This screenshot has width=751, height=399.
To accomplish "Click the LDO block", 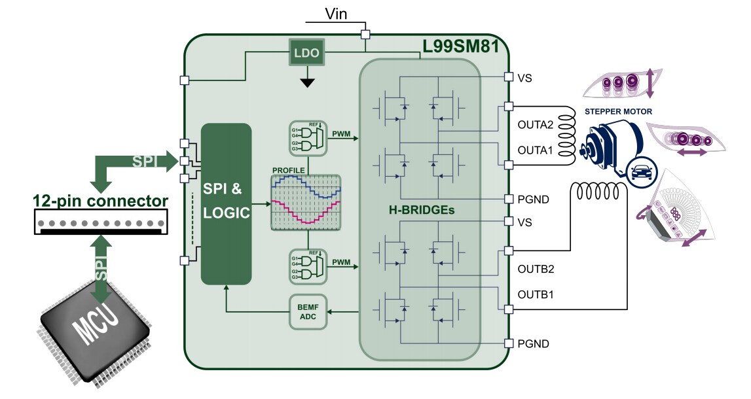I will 306,54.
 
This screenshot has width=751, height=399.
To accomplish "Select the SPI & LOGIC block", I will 226,203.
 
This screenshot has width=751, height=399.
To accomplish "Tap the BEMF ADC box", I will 308,312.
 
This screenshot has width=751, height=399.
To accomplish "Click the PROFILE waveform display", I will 306,203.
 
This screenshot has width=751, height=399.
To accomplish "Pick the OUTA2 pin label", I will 536,124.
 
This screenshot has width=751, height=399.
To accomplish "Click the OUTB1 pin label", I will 535,294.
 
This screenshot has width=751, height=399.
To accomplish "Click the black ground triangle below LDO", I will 306,82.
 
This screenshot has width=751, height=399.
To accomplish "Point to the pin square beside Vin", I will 366,34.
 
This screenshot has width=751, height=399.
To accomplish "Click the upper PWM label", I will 342,134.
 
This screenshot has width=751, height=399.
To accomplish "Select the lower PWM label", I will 342,263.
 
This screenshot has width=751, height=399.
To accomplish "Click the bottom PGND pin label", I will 532,343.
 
